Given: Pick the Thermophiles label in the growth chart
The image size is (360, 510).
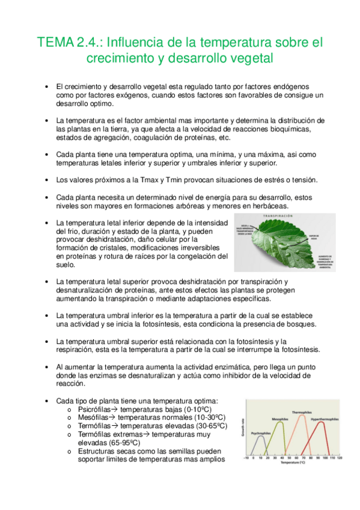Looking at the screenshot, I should pyautogui.click(x=302, y=412).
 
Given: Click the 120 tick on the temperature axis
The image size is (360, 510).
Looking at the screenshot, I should pyautogui.click(x=340, y=458).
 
